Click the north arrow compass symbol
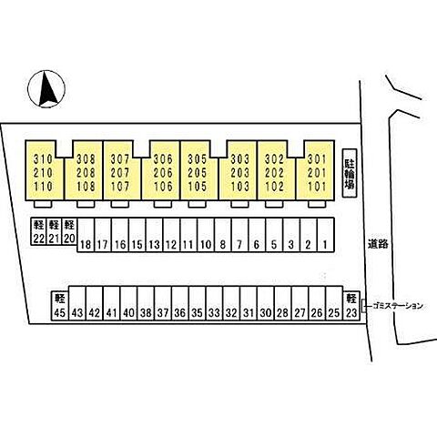coord(46,89)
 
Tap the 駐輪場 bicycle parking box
coord(350,173)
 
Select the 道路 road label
coord(378,243)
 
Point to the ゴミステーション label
coord(398,306)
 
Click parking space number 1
coord(326,235)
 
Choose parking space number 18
coord(86,235)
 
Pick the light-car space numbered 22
coord(38,231)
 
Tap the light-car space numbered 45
coord(60,305)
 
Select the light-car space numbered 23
coord(351,305)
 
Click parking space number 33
coord(214,303)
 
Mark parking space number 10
coord(206,235)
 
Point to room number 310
coord(44,159)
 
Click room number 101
coord(317,187)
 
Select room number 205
coord(198,173)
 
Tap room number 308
coord(86,159)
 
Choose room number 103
coord(240,187)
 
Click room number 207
coord(120,173)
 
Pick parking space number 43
coord(77,303)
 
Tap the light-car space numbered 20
coord(69,231)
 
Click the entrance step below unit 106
coord(163,204)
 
